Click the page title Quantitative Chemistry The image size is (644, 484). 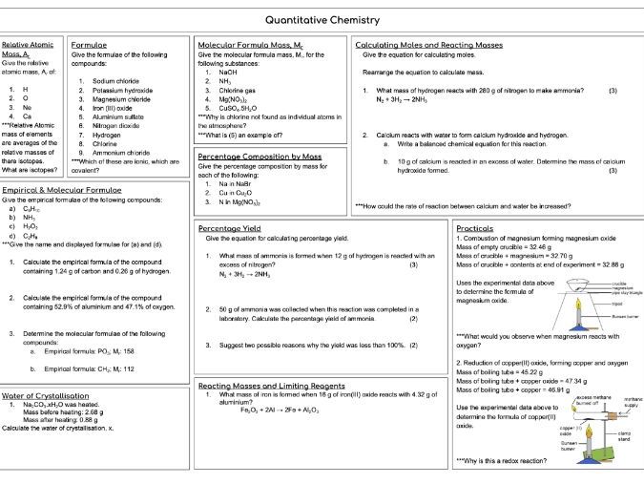tap(322, 18)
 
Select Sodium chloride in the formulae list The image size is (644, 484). tap(114, 81)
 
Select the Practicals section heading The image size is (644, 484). tap(475, 229)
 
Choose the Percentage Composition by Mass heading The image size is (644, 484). tap(259, 156)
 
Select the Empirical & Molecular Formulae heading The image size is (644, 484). tap(62, 190)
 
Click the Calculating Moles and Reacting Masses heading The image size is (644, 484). tap(428, 45)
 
